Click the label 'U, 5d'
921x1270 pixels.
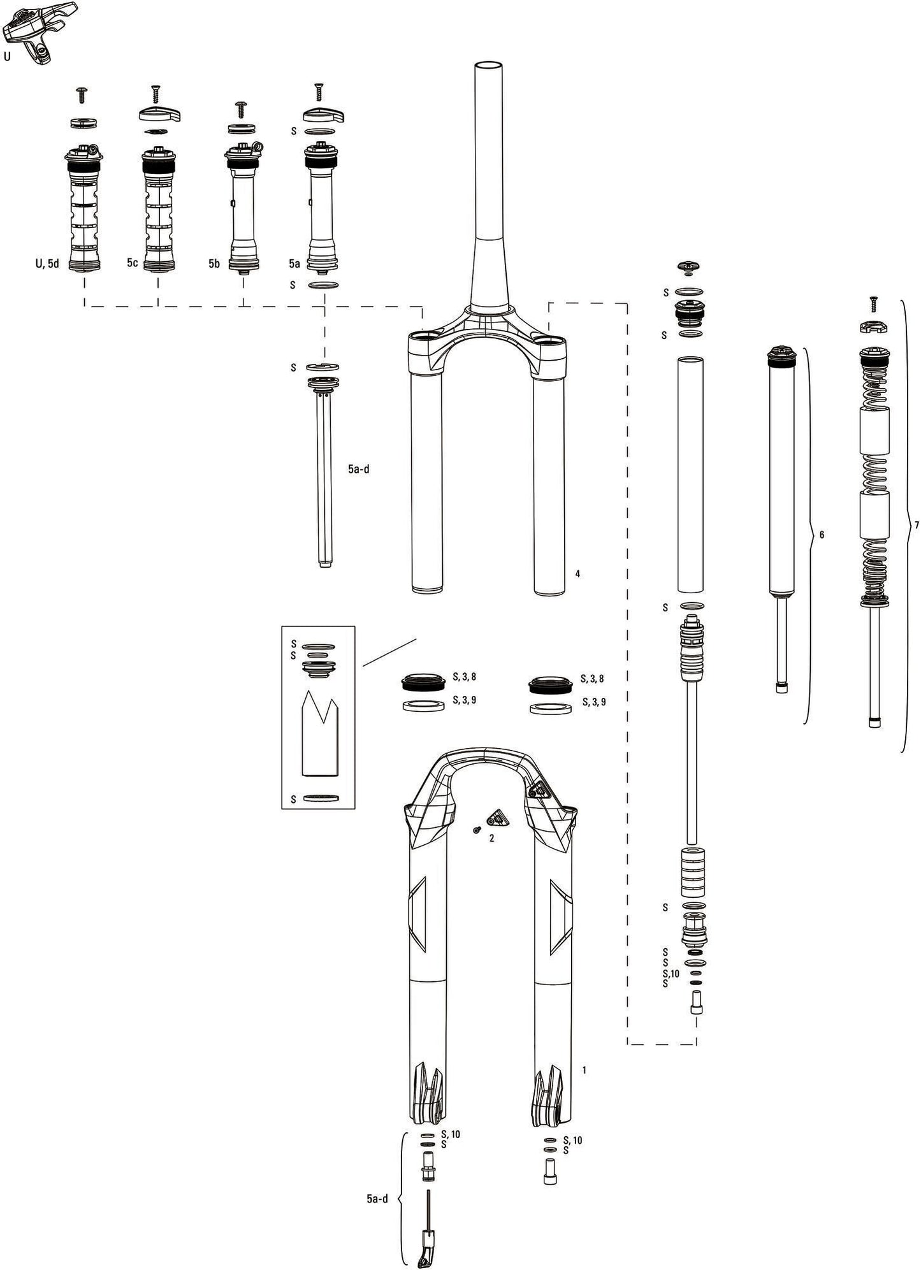[x=47, y=263]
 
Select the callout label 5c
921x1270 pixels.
[x=132, y=263]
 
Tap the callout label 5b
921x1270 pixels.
[x=214, y=263]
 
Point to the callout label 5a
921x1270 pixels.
[x=294, y=263]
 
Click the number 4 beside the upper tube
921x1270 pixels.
[x=577, y=574]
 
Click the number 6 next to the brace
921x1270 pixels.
[x=822, y=535]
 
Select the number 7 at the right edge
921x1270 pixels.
[x=917, y=526]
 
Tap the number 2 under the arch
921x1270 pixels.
[x=491, y=839]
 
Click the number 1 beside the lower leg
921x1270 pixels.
[x=584, y=1070]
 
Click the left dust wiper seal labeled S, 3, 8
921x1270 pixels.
[x=423, y=683]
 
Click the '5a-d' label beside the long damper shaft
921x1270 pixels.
[x=358, y=469]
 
